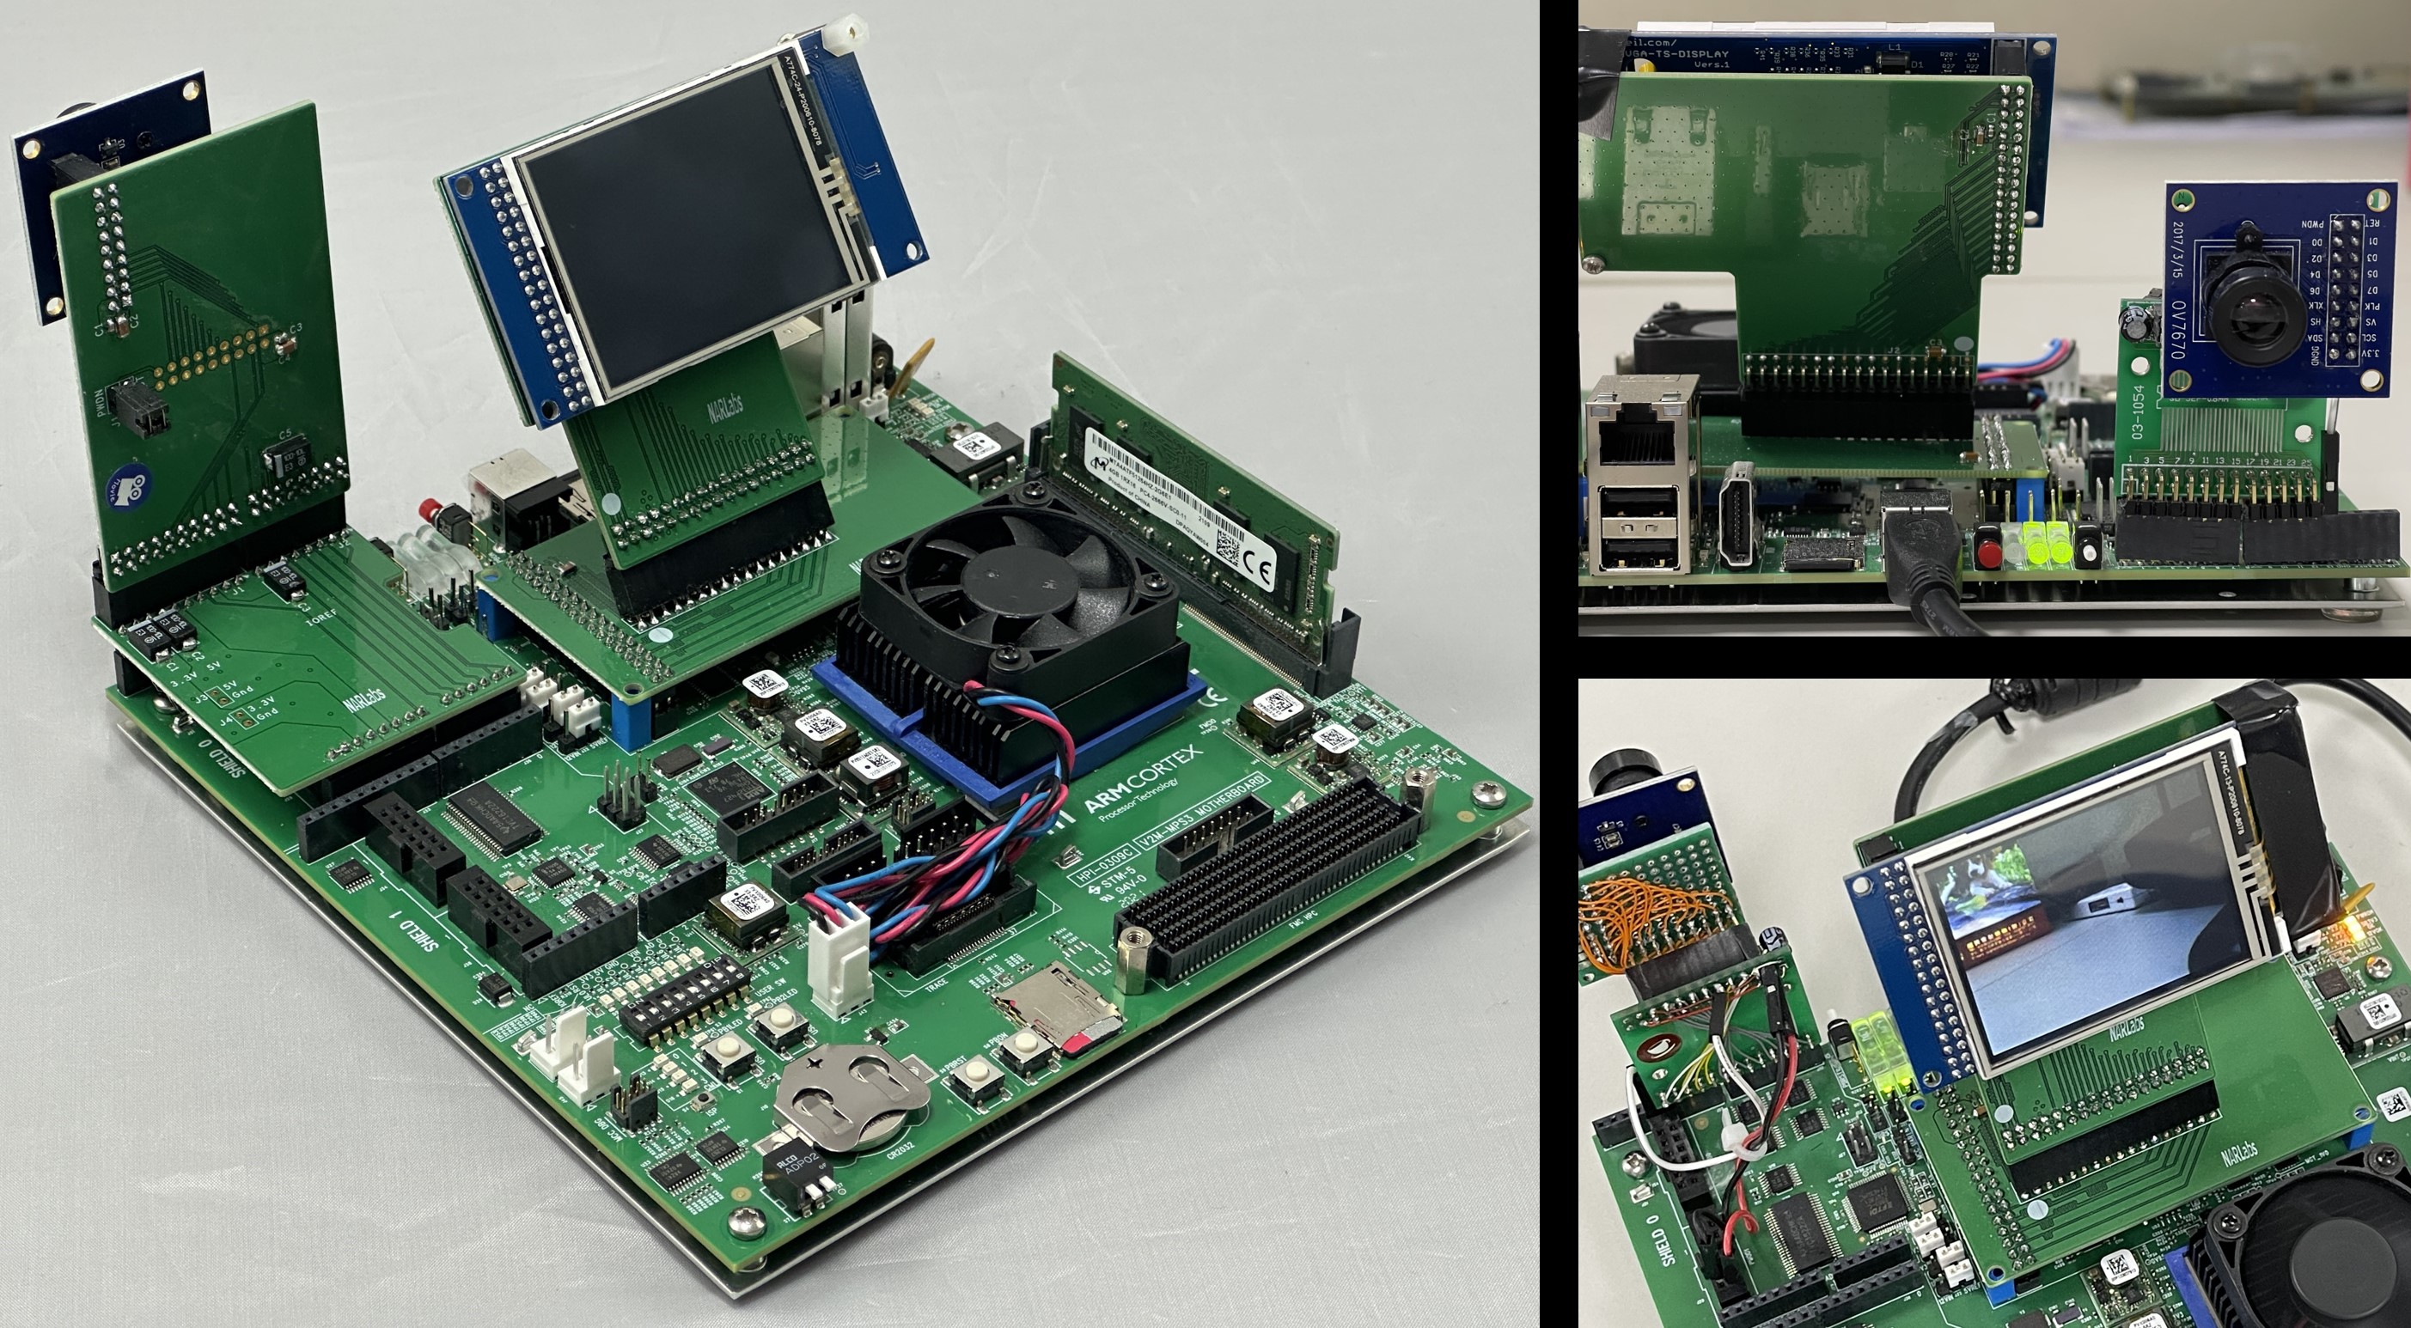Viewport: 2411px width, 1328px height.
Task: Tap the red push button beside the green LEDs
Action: tap(1987, 553)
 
